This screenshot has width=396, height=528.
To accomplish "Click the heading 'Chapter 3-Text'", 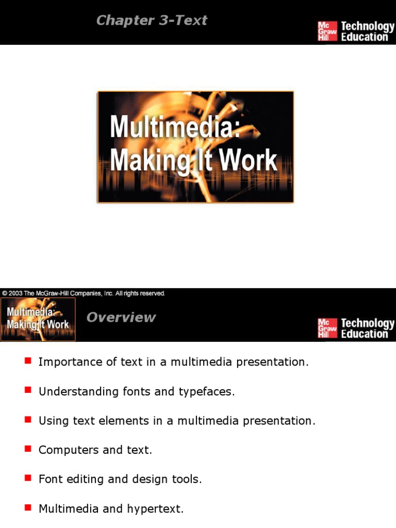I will point(152,21).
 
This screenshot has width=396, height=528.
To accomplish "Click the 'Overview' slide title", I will point(121,318).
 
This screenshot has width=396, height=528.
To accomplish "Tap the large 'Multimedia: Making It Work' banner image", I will point(195,147).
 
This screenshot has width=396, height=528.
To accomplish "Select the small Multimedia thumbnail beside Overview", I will point(38,319).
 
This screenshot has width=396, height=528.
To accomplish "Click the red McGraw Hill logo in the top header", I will point(327,31).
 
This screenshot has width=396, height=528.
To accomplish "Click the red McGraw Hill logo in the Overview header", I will point(327,328).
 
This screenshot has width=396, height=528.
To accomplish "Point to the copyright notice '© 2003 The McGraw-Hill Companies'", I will point(84,293).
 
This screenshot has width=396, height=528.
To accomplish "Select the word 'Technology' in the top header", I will point(367,26).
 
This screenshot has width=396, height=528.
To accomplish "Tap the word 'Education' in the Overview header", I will point(364,334).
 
